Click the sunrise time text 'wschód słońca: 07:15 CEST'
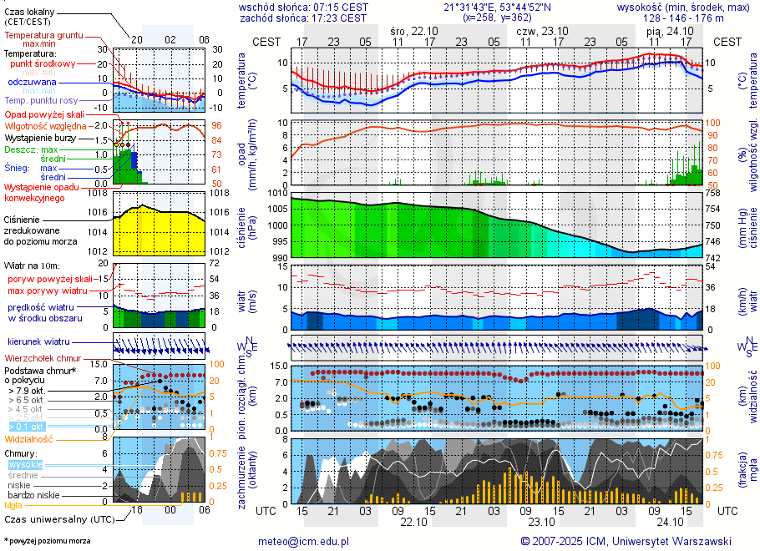pyautogui.click(x=302, y=7)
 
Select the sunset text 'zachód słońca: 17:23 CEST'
pyautogui.click(x=302, y=17)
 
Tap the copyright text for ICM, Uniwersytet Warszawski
pyautogui.click(x=626, y=541)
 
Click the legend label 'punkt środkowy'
pyautogui.click(x=43, y=63)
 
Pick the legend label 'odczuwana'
pyautogui.click(x=32, y=83)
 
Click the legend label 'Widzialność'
pyautogui.click(x=28, y=438)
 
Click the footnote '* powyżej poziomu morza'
pyautogui.click(x=47, y=541)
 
